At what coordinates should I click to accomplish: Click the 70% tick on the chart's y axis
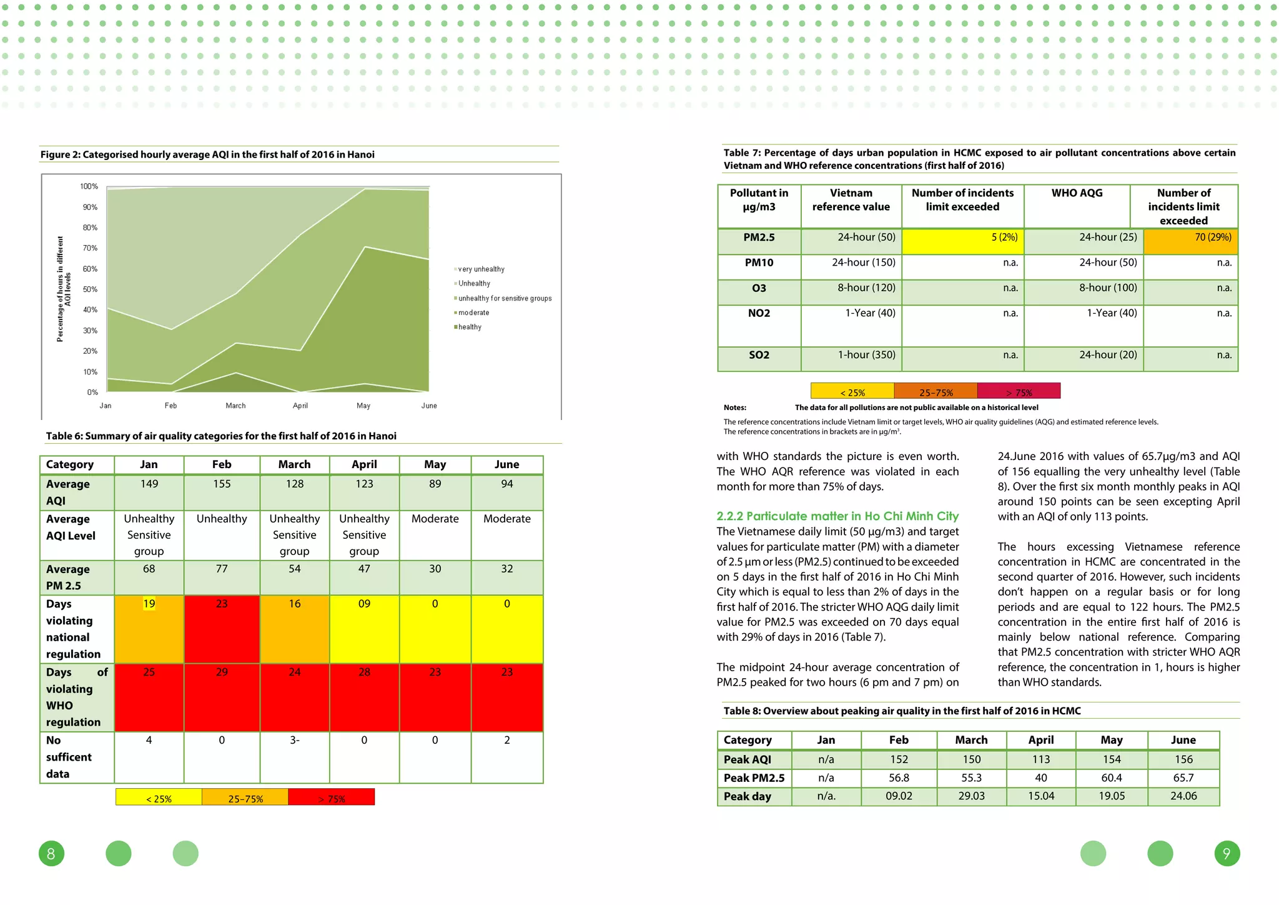(x=90, y=248)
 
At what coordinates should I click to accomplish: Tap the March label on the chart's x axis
(x=235, y=406)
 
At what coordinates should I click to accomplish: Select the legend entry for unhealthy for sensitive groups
(x=505, y=298)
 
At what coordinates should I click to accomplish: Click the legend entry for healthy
(x=470, y=327)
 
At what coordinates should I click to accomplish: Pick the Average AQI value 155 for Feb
(x=222, y=484)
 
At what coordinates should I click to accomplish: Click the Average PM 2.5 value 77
(x=222, y=569)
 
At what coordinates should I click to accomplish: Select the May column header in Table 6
(x=435, y=464)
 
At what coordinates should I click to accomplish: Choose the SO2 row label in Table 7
(x=759, y=355)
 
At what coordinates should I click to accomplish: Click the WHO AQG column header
(x=1077, y=193)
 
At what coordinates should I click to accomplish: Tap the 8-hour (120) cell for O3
(x=866, y=287)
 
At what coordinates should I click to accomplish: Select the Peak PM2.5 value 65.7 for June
(x=1183, y=778)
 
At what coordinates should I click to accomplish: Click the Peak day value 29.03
(x=971, y=796)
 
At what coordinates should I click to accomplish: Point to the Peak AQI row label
(x=748, y=759)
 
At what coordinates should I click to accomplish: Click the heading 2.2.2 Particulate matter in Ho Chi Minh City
(x=837, y=516)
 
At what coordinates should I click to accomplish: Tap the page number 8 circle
(x=51, y=853)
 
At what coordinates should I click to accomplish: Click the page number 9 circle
(x=1227, y=853)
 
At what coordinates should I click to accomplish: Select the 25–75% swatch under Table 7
(x=936, y=391)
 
